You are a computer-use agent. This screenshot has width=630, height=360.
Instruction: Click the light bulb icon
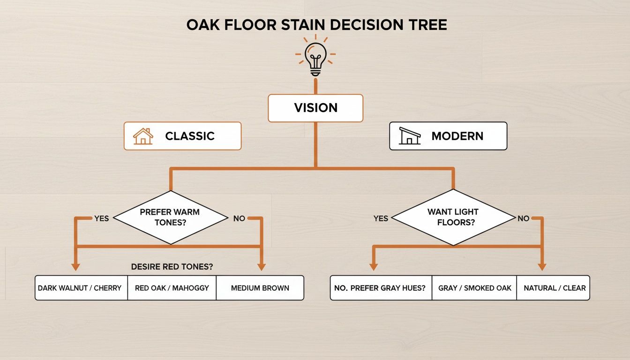click(x=315, y=58)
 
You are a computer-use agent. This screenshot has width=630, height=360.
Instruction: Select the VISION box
click(x=315, y=108)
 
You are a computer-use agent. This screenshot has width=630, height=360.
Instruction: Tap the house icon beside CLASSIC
click(x=143, y=136)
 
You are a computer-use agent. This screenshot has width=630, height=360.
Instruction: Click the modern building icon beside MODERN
click(x=409, y=136)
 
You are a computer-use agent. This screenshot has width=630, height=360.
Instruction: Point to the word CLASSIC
click(x=190, y=136)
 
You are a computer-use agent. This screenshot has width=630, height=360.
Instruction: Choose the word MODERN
click(x=457, y=136)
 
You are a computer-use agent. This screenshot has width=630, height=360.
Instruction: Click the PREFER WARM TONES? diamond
click(x=170, y=217)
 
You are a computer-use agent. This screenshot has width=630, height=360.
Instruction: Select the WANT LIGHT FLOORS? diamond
click(x=453, y=217)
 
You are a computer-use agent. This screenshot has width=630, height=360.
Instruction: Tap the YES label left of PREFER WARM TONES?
click(x=102, y=218)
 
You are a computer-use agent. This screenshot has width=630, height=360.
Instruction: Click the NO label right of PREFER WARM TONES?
click(x=239, y=218)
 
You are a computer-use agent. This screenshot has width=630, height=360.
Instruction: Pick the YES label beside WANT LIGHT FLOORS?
click(x=381, y=218)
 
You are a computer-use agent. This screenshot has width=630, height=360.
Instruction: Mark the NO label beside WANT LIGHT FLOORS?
click(x=523, y=218)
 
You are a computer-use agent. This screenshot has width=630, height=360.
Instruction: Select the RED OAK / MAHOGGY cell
click(x=172, y=288)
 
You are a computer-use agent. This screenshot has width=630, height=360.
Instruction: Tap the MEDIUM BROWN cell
click(x=260, y=288)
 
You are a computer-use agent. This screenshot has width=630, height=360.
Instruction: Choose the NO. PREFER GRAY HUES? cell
click(x=380, y=288)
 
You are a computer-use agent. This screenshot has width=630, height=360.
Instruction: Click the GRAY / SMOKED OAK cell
click(x=475, y=288)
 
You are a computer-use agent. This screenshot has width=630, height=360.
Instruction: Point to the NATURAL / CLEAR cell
click(x=555, y=288)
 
